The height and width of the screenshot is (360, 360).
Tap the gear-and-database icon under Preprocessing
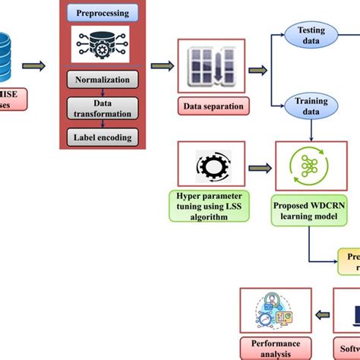102,46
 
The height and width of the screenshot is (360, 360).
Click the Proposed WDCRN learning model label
308,209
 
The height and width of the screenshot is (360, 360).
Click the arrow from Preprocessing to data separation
160,65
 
